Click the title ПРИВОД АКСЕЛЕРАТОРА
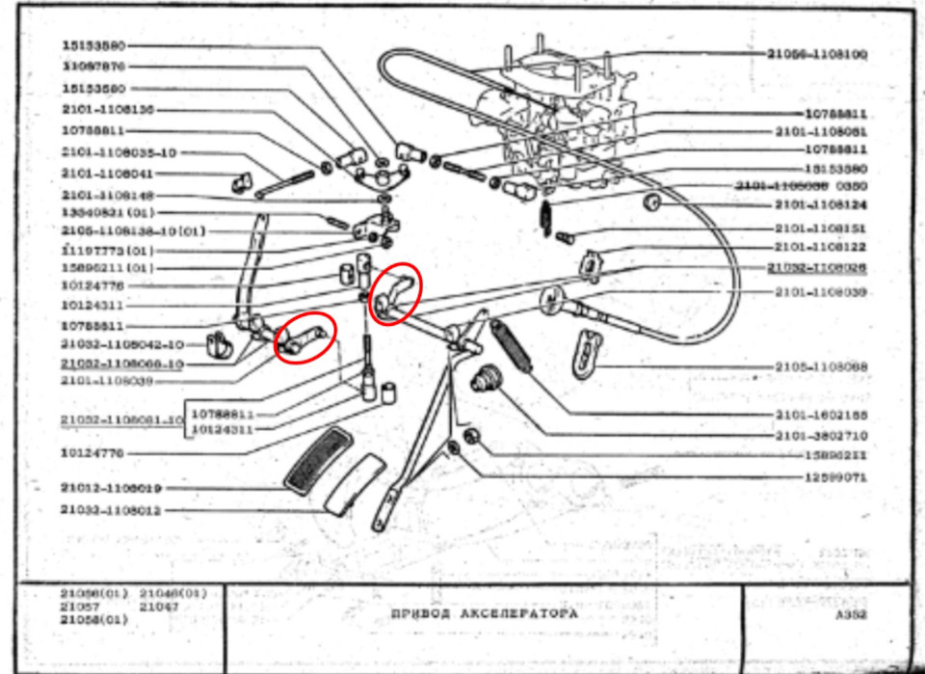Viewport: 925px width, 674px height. [484, 613]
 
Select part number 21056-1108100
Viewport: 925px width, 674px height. [817, 55]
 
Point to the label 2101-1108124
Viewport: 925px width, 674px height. [820, 205]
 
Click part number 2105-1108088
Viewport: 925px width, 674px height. [820, 366]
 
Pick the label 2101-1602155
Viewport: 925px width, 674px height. [820, 414]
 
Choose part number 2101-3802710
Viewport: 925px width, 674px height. [820, 435]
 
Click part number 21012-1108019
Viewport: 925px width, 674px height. [111, 489]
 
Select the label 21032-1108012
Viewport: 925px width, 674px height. [111, 510]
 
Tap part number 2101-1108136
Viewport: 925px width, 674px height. [108, 110]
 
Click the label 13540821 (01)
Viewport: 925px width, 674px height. [108, 212]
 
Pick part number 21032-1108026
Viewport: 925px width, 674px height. [817, 266]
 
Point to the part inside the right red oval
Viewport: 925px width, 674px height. [395, 294]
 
